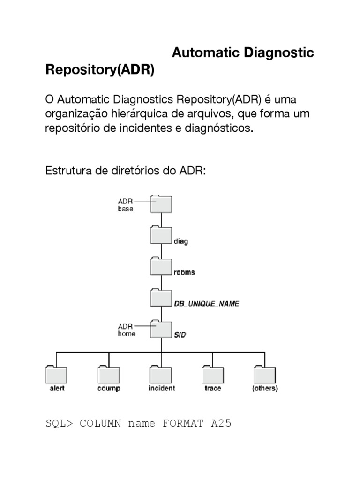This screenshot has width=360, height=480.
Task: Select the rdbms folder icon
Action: (162, 266)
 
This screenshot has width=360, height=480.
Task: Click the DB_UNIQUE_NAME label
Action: (207, 304)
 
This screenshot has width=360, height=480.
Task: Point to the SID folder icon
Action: (162, 329)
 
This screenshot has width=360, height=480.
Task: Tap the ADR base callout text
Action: (126, 205)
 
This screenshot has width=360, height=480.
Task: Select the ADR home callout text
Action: (127, 330)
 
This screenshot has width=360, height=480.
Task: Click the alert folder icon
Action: (57, 375)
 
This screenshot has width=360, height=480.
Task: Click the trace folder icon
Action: (213, 375)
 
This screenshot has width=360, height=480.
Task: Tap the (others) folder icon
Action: (265, 375)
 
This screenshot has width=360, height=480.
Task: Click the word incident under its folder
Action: (162, 389)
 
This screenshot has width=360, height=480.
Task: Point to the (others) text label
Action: (265, 389)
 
